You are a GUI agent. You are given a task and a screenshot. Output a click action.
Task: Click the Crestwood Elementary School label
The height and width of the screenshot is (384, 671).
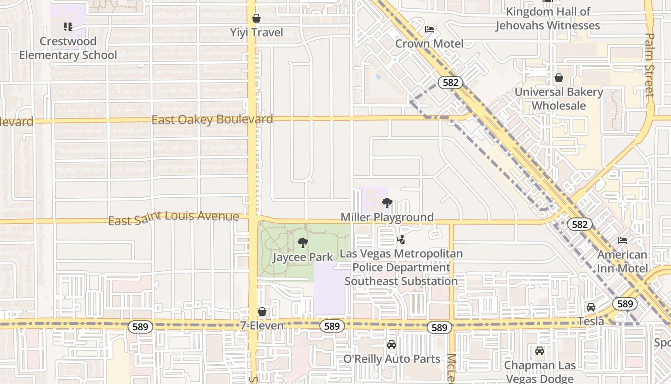coord(68,48)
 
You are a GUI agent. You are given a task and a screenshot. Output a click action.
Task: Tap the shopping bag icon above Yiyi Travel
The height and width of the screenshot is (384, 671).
coord(256,19)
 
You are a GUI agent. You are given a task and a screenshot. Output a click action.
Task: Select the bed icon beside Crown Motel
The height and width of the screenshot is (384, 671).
coord(429,30)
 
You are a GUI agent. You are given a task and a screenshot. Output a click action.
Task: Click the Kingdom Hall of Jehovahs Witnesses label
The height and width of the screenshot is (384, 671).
coord(547,19)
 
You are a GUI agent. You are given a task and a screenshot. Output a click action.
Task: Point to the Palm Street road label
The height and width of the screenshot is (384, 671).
coord(650,65)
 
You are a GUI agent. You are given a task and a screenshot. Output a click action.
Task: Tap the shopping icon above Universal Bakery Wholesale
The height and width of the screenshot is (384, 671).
coord(559,78)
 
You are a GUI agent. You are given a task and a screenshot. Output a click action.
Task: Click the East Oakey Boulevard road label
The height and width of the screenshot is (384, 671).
coord(212,120)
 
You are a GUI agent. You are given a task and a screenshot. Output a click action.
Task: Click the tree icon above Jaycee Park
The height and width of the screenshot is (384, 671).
coord(302,243)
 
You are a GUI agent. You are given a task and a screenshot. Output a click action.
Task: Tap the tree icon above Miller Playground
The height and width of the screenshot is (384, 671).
coord(387,203)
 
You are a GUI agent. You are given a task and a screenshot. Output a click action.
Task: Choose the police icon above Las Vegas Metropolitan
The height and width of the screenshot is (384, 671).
coord(401,239)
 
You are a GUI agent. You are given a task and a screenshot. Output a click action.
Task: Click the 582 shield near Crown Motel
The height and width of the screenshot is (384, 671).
coord(451,83)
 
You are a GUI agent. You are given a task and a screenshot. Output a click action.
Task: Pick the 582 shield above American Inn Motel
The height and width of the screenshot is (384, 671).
coord(580,224)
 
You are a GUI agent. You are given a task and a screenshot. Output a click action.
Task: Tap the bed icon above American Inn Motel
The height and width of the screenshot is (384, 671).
coord(623,240)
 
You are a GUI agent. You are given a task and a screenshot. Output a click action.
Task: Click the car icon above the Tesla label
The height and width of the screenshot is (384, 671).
coord(591,307)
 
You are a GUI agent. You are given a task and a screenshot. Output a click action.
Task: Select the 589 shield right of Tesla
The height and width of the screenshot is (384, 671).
coord(625,304)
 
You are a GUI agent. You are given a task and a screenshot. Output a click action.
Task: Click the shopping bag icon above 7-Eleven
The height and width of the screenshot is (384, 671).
coord(262,312)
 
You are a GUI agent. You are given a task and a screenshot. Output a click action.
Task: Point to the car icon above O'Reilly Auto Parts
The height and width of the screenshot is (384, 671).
coord(392,345)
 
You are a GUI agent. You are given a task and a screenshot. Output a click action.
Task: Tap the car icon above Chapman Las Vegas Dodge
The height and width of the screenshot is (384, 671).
coord(540,351)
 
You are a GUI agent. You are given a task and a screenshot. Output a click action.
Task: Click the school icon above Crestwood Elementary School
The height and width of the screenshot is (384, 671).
coord(68,27)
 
